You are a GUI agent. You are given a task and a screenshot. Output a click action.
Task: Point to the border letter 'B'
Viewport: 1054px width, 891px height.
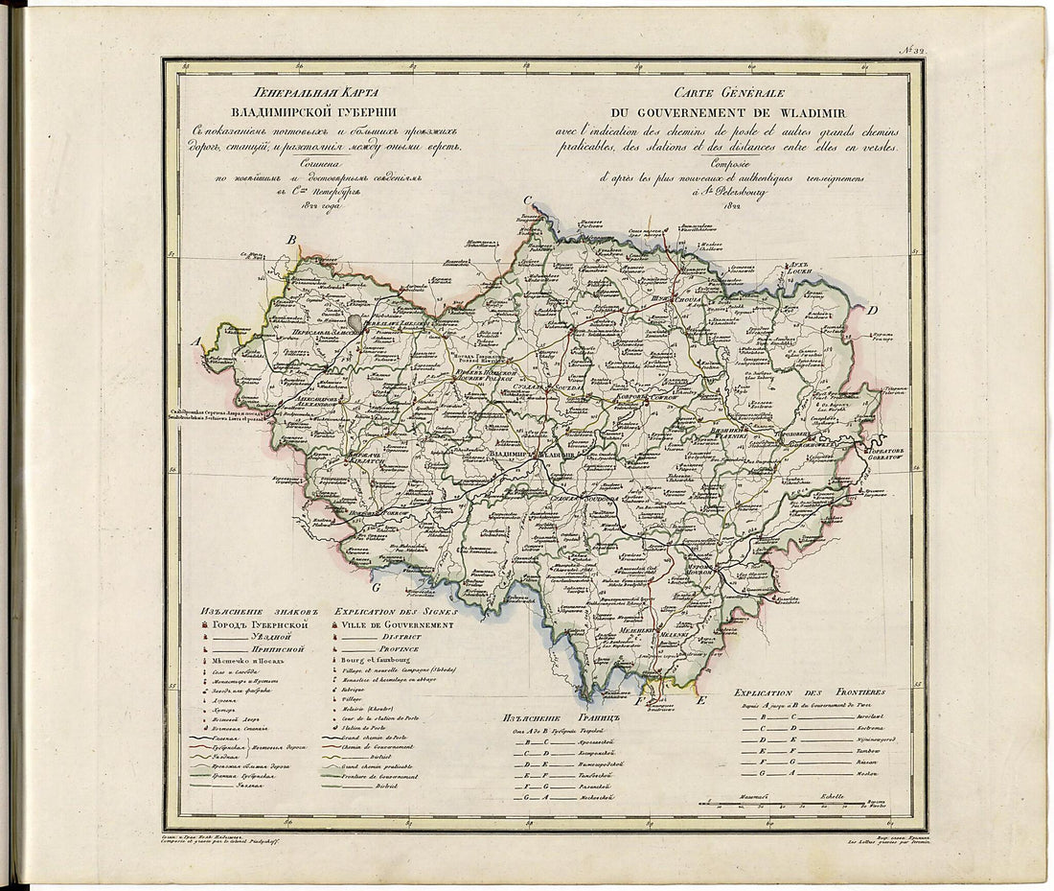click(x=294, y=240)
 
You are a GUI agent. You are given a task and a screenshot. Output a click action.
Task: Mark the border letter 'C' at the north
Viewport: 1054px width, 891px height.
click(x=527, y=199)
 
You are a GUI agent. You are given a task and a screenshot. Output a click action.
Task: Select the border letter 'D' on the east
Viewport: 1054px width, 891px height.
click(x=873, y=311)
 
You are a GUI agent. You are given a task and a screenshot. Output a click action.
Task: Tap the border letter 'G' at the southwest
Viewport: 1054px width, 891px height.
click(x=377, y=586)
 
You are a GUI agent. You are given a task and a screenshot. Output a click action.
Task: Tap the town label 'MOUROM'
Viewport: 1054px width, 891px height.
click(x=707, y=573)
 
